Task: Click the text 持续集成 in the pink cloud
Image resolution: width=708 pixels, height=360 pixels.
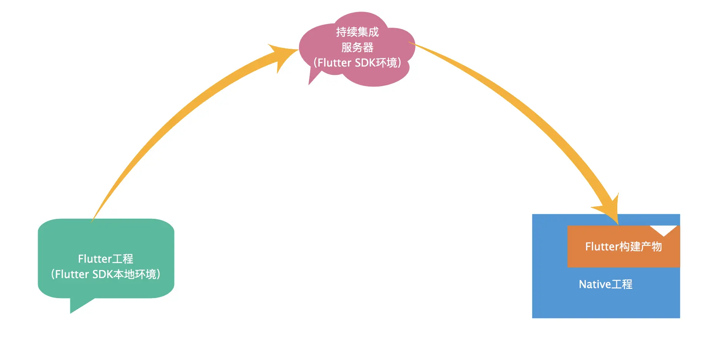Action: (x=357, y=32)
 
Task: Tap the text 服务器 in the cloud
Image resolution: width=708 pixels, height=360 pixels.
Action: (x=357, y=47)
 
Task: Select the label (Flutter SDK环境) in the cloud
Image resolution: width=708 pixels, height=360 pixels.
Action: (x=357, y=63)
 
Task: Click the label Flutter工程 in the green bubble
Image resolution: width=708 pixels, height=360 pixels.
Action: (x=106, y=259)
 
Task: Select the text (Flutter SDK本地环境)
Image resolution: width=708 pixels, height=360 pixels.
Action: (x=106, y=274)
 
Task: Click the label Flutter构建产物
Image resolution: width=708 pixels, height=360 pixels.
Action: (x=623, y=247)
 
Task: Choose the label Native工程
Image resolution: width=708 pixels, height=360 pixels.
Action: (x=605, y=284)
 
